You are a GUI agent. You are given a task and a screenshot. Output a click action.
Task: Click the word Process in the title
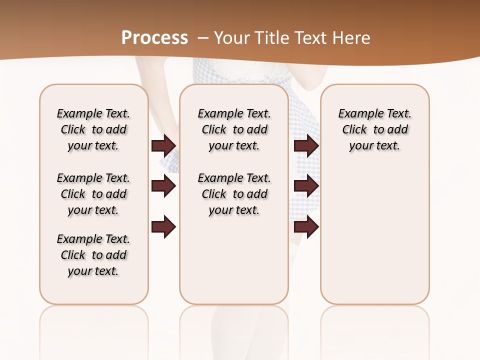pos(154,37)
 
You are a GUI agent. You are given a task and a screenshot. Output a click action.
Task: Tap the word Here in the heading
pos(352,37)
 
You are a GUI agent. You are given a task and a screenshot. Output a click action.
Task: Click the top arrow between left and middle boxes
pos(163,145)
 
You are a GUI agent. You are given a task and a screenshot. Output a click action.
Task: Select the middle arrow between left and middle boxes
pos(163,186)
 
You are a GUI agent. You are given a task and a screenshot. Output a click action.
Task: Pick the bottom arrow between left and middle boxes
pos(163,226)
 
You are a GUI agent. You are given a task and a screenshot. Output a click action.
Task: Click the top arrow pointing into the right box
pos(306,145)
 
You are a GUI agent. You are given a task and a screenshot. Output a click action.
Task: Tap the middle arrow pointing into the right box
pos(306,186)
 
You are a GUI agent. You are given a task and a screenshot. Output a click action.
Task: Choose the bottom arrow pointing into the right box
pos(306,226)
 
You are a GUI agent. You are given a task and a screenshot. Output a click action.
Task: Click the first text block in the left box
pos(93,129)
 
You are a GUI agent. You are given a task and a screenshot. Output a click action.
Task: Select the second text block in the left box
pos(93,194)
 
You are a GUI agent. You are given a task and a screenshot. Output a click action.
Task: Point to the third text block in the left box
pos(93,255)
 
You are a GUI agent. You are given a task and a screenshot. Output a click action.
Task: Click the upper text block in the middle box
pos(234,129)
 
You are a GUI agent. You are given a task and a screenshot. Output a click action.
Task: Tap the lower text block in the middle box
pos(234,194)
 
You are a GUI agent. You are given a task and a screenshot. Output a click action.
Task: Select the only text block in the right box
pos(374,129)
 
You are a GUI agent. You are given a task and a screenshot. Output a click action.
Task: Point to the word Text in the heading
pos(310,37)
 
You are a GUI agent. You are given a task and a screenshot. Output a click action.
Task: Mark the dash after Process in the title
pos(203,37)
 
